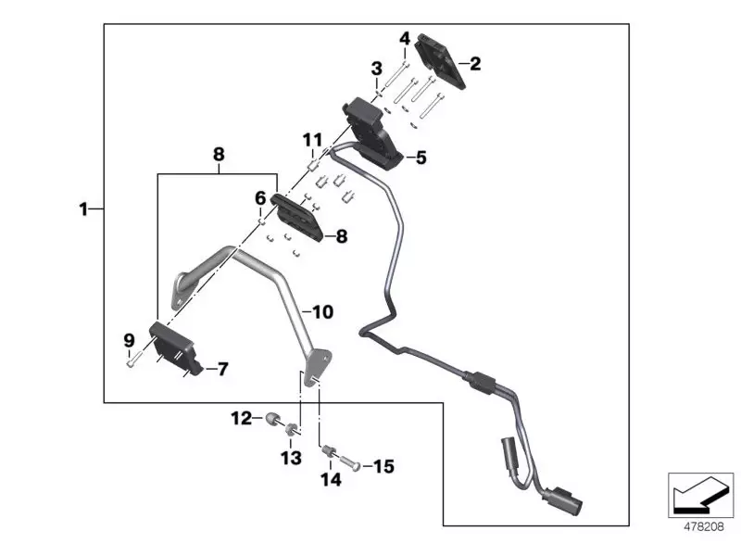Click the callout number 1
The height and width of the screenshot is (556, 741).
pos(83,209)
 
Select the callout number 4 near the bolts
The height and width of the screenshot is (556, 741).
pos(404,38)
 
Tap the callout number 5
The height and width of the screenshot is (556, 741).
pos(421,158)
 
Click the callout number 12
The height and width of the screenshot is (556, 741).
pos(241,419)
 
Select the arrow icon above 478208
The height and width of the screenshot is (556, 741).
pos(700,492)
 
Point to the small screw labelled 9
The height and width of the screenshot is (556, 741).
pos(132,363)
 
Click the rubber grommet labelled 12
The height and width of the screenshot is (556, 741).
pos(273,419)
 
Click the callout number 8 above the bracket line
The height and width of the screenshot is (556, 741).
pos(219,155)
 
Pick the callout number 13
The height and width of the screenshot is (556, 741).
pos(291,458)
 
